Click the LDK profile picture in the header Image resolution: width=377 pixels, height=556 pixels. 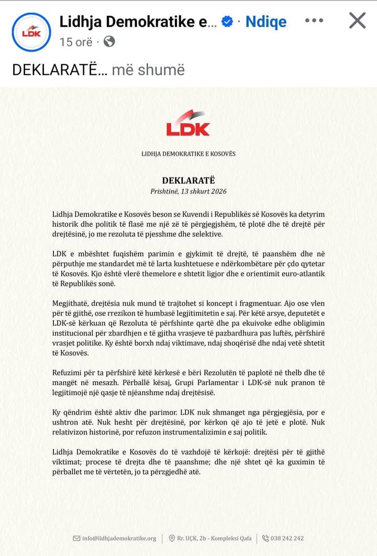click(x=31, y=31)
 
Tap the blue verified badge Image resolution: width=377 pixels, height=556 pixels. click(x=227, y=21)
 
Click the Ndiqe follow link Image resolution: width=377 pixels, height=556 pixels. click(x=266, y=21)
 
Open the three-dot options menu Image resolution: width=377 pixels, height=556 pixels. click(x=314, y=21)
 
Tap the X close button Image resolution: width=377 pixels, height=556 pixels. click(x=357, y=21)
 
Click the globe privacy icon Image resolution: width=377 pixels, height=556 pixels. click(x=109, y=41)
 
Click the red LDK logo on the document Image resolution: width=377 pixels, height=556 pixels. click(x=188, y=124)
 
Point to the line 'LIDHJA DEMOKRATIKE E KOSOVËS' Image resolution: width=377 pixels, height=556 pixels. click(x=188, y=154)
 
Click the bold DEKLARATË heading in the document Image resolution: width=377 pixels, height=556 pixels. click(x=188, y=180)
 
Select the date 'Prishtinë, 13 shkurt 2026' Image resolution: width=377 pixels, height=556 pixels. click(x=188, y=191)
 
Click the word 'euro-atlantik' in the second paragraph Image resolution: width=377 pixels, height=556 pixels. click(x=302, y=274)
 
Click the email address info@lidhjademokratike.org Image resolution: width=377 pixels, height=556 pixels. click(x=119, y=538)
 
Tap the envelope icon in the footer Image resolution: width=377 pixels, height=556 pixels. click(x=77, y=538)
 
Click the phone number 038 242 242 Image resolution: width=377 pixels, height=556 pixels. click(x=287, y=538)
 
